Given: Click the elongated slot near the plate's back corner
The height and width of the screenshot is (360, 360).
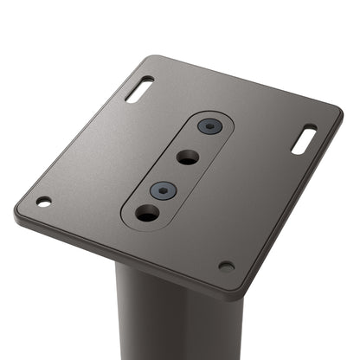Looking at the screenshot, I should (139, 88).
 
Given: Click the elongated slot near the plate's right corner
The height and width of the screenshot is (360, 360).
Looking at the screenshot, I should (304, 139).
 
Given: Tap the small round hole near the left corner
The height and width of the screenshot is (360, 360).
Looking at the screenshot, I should (43, 202).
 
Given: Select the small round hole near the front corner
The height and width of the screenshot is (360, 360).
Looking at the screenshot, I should (226, 266).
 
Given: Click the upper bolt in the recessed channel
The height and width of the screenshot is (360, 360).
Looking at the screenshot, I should (209, 126).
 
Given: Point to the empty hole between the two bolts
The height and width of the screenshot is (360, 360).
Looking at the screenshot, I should (187, 157).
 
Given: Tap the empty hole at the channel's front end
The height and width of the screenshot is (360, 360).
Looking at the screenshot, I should (147, 212).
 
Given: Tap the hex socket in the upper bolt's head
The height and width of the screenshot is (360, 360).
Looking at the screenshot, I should (209, 126).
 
